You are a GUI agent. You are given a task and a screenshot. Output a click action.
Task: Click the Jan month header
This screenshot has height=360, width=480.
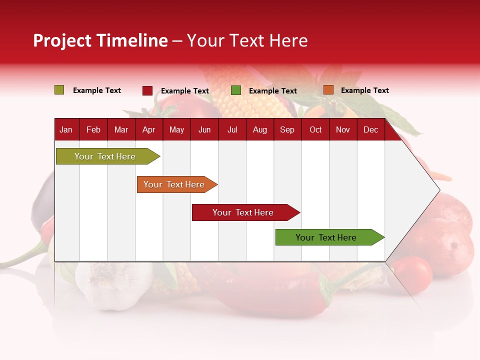click(x=66, y=129)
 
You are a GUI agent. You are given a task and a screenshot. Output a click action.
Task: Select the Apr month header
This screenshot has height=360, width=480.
click(x=148, y=129)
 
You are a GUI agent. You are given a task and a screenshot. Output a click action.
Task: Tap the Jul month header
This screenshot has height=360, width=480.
click(x=232, y=129)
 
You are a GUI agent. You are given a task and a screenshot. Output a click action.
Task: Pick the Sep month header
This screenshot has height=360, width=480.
click(x=287, y=129)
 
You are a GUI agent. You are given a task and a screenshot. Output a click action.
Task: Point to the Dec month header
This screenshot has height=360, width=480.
click(x=370, y=129)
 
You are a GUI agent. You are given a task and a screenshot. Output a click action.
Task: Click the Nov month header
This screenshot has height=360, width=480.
click(x=342, y=129)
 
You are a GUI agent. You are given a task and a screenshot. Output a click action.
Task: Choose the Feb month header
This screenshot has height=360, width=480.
click(x=93, y=129)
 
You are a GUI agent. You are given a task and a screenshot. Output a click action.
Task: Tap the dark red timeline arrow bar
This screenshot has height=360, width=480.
click(x=243, y=212)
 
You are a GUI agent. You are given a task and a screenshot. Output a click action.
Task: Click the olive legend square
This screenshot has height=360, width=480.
click(x=59, y=90)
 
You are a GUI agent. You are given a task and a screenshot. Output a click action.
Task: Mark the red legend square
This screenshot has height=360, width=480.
click(x=147, y=90)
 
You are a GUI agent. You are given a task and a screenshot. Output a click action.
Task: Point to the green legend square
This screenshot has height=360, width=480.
click(x=235, y=90)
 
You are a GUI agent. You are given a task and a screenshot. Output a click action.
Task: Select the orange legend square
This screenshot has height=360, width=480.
click(x=328, y=90)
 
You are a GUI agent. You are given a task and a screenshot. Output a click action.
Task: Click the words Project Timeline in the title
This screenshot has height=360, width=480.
click(x=100, y=40)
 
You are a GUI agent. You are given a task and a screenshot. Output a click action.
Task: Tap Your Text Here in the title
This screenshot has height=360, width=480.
click(x=247, y=40)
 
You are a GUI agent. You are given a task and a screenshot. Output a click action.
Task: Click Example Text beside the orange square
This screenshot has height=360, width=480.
click(x=364, y=90)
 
